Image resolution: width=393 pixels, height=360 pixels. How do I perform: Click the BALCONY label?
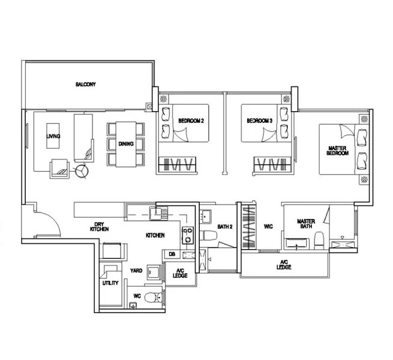coord(86,85)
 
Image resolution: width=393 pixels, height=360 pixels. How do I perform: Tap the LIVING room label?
coord(53,137)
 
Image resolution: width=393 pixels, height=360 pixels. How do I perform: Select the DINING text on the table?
coord(126,144)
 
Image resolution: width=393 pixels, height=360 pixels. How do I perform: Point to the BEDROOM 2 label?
coord(191,121)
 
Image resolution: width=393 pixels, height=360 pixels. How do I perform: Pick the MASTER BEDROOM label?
coord(337,151)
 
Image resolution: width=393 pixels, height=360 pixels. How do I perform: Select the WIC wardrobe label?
coord(269,227)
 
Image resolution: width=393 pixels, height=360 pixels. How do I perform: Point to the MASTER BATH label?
coord(306,224)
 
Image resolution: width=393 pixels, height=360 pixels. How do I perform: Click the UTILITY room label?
coord(111,283)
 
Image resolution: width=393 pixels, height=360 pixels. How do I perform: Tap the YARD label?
coord(136,271)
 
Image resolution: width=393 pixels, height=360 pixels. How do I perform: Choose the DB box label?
coord(172,254)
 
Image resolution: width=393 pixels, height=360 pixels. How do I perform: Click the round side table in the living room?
coord(81,171)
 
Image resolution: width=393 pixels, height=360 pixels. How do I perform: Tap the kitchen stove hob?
coord(188,235)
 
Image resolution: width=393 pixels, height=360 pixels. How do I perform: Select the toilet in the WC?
coord(155,296)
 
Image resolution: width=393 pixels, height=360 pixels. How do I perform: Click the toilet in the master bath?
coord(319,241)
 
